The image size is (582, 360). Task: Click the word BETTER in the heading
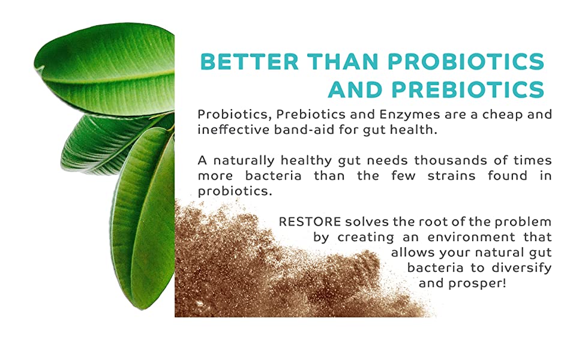point(250,62)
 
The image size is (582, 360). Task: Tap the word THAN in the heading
point(343,62)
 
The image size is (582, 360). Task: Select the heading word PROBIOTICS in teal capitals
point(466,62)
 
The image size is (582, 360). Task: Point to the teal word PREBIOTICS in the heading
point(467,89)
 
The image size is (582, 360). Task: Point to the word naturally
point(244,161)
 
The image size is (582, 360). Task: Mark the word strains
point(451,176)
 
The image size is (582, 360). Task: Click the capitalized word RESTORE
point(310,222)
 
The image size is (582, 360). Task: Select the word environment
point(472,237)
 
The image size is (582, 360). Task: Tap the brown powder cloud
point(282,267)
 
